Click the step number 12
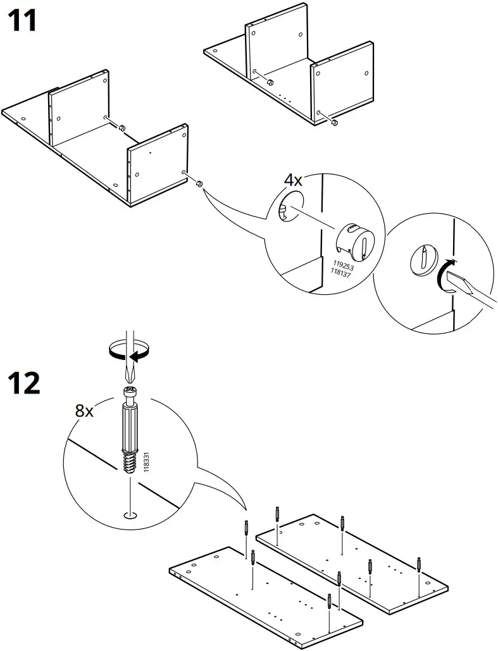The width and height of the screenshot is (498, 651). click(x=23, y=383)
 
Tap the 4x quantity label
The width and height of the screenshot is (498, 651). click(x=292, y=180)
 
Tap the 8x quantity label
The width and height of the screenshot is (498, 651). click(x=84, y=411)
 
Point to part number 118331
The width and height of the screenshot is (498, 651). click(x=146, y=461)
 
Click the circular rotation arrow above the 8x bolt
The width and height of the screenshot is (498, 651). click(x=128, y=349)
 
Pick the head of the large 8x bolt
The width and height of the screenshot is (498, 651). click(x=128, y=395)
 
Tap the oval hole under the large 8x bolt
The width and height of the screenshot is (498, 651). click(x=129, y=514)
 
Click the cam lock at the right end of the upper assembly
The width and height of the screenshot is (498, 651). click(x=335, y=123)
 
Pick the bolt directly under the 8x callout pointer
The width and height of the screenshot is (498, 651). click(x=245, y=527)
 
